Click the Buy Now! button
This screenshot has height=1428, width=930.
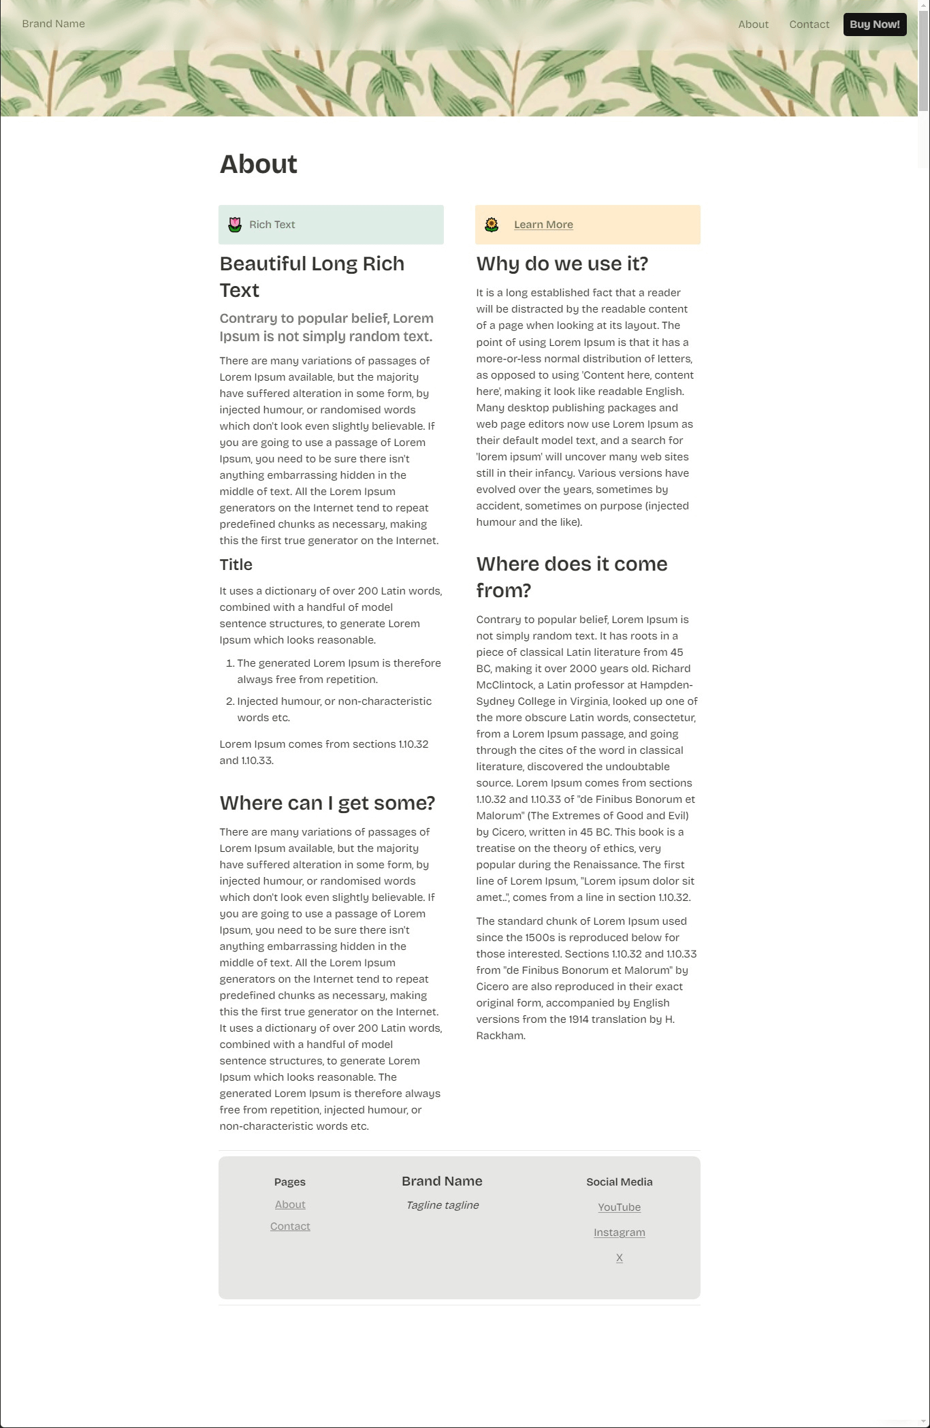[874, 25]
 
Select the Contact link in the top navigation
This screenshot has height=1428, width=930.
[809, 25]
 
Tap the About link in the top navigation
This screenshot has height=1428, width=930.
[753, 25]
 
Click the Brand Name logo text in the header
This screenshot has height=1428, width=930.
[53, 24]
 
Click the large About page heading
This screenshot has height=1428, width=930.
[258, 164]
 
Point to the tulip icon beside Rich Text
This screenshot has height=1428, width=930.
[235, 225]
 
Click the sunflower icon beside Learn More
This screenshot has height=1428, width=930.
[492, 225]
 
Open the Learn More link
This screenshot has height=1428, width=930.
[543, 225]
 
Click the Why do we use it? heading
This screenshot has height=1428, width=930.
[562, 264]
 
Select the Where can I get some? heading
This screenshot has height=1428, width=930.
[327, 803]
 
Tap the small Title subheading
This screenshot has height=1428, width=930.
[236, 565]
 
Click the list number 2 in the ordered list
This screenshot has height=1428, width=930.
[230, 701]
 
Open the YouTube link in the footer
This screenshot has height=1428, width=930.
[619, 1207]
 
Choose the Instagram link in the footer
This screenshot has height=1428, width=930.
[619, 1233]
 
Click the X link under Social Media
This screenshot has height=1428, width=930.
[619, 1258]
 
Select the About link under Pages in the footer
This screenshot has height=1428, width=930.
[290, 1205]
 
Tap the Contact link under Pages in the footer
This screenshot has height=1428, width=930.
[290, 1226]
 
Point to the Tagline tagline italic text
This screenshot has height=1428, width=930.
[442, 1205]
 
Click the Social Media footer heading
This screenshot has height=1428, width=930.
[619, 1182]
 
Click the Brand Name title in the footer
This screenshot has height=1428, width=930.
[442, 1181]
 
